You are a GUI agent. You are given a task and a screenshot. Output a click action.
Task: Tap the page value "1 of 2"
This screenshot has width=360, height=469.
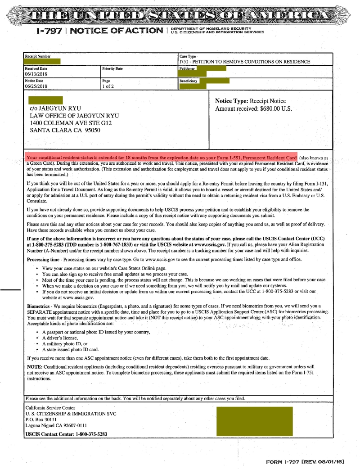pos(108,86)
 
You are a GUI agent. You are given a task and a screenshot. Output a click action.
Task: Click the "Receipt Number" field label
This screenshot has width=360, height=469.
pos(38,56)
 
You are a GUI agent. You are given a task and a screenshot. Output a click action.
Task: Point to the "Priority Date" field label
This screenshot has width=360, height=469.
pos(112,68)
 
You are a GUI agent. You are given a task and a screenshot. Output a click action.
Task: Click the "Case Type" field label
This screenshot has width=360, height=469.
pos(188,56)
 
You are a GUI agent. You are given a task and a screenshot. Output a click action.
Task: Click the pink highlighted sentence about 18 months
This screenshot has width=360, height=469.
pos(161,158)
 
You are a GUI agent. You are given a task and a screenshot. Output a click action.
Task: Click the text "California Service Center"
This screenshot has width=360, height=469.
pos(50,408)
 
